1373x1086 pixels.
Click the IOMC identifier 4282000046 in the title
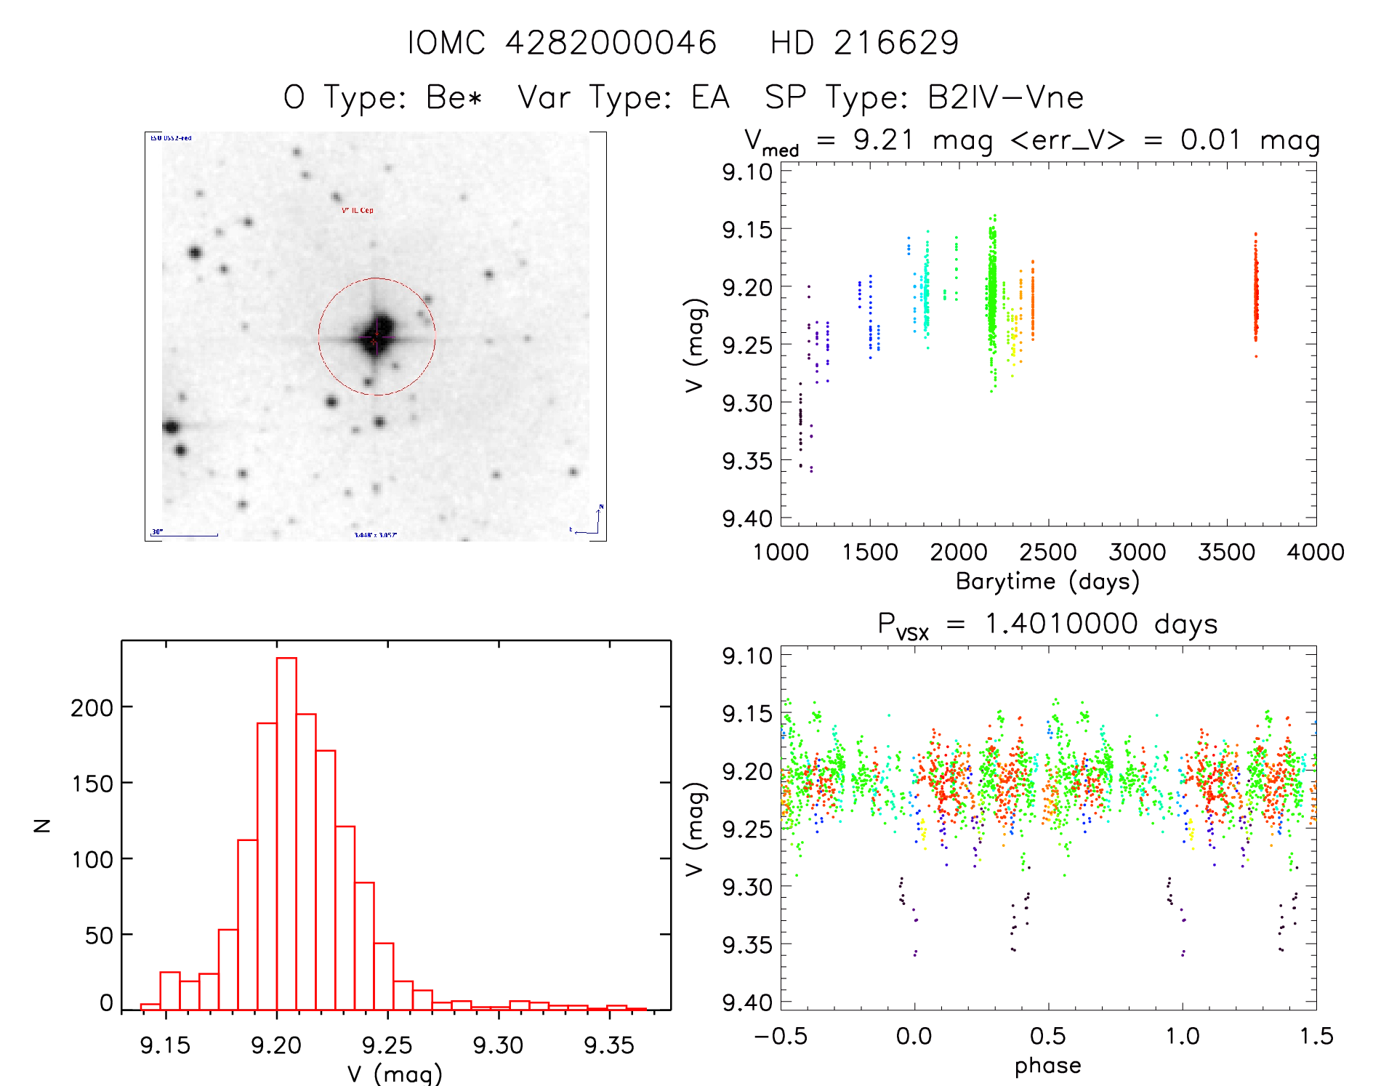611,43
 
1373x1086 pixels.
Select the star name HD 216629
864,43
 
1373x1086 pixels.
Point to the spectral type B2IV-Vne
1005,97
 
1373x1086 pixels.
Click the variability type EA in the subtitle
710,97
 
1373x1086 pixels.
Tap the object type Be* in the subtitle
454,97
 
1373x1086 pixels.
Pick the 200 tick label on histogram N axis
92,707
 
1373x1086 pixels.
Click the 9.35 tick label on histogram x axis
609,1045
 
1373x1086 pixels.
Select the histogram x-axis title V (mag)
395,1074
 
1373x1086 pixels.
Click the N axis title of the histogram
42,825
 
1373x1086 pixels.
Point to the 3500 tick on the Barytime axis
1226,552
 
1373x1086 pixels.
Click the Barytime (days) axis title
1047,582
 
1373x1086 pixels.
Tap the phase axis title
1047,1066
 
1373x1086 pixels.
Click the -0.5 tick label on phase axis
781,1036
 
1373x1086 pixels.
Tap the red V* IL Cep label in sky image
358,210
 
